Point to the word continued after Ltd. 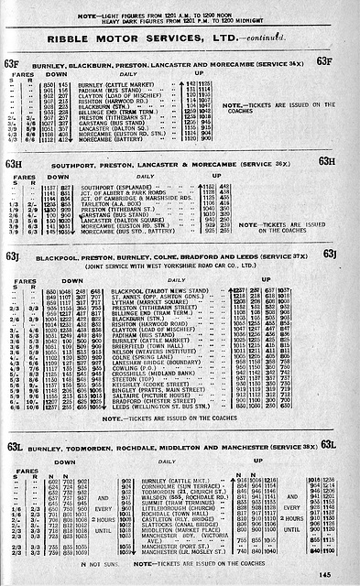263,40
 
